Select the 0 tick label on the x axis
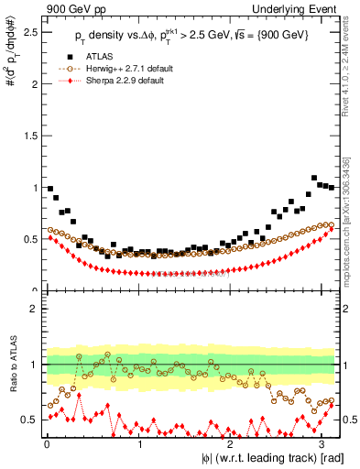click(x=47, y=444)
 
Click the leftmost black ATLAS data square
click(x=50, y=189)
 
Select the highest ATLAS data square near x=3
click(x=314, y=178)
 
